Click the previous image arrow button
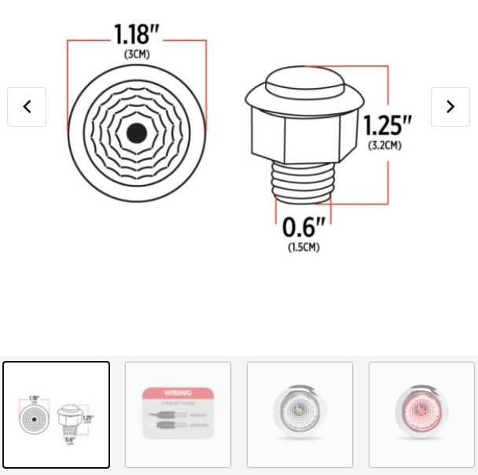[27, 107]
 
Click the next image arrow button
[450, 107]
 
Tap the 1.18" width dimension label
[137, 35]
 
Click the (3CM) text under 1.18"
[137, 54]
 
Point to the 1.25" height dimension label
[387, 125]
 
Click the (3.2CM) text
[385, 145]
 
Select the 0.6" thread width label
[303, 228]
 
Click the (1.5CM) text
[303, 247]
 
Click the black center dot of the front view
[136, 132]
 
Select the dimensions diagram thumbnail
[56, 414]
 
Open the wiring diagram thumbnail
[178, 414]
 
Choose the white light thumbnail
[300, 414]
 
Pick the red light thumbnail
[421, 414]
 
